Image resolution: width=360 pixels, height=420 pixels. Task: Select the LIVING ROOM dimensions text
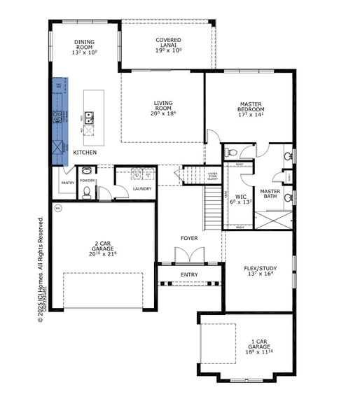pyautogui.click(x=163, y=113)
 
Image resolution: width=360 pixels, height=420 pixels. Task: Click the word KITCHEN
pyautogui.click(x=85, y=152)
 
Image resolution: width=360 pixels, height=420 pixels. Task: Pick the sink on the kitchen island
pyautogui.click(x=90, y=116)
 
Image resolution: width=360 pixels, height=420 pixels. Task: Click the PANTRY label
pyautogui.click(x=67, y=183)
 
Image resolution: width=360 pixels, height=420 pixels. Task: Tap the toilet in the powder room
pyautogui.click(x=87, y=195)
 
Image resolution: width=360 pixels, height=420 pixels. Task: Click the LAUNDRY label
pyautogui.click(x=142, y=188)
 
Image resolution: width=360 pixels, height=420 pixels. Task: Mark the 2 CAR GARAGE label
pyautogui.click(x=102, y=249)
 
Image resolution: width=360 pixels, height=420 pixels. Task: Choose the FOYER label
pyautogui.click(x=189, y=239)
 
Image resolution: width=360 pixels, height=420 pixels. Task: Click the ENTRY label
pyautogui.click(x=189, y=274)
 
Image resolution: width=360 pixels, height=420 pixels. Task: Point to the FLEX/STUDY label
pyautogui.click(x=258, y=270)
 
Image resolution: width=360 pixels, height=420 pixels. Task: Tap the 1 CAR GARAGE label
pyautogui.click(x=259, y=346)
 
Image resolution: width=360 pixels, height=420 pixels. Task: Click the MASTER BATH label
pyautogui.click(x=270, y=194)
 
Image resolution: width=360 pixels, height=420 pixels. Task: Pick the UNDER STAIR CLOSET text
pyautogui.click(x=212, y=176)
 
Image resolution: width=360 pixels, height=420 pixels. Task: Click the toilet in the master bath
pyautogui.click(x=231, y=152)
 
